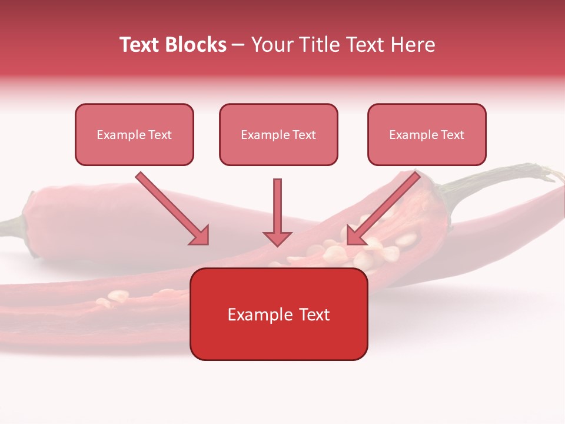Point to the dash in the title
238,45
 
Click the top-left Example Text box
134,135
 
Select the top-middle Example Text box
278,135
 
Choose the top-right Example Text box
427,135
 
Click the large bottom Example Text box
278,314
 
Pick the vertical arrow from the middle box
277,212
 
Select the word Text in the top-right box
452,135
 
